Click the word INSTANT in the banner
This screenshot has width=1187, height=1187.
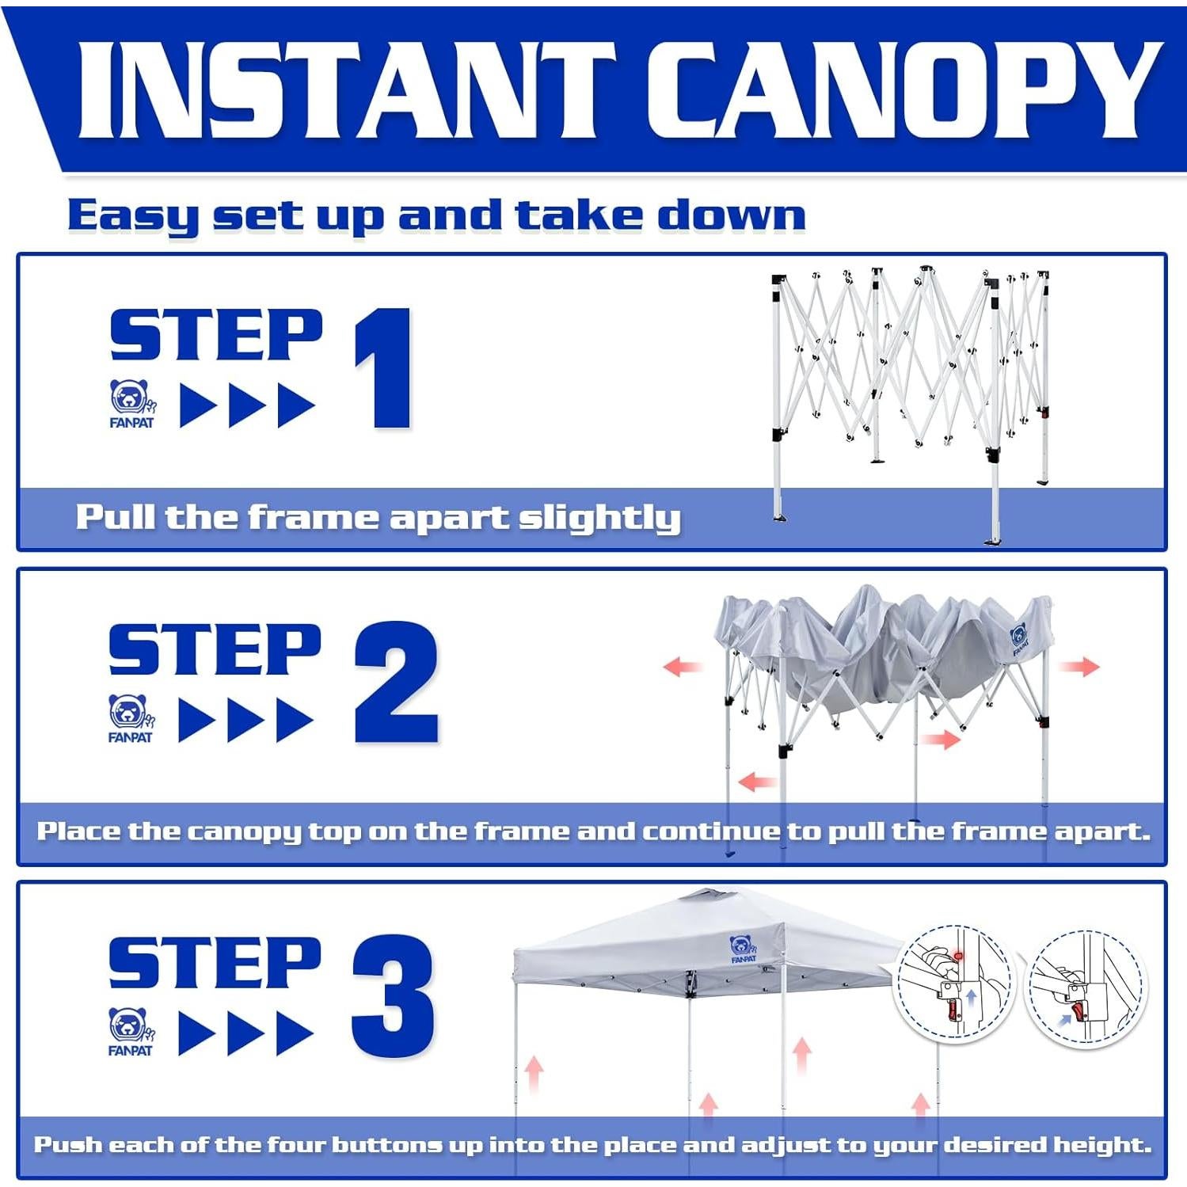[x=346, y=89]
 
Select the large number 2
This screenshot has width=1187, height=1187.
[x=396, y=682]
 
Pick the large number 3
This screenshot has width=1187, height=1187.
[x=393, y=995]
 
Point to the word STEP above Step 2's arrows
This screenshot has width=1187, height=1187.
[x=215, y=649]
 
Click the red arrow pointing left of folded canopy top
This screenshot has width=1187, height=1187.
[x=683, y=667]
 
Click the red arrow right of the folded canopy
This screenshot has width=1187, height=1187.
[x=1080, y=666]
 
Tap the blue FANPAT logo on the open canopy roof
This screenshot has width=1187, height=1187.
[x=743, y=949]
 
